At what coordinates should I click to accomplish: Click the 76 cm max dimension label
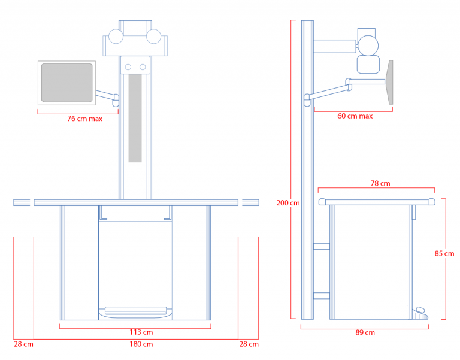(x=85, y=119)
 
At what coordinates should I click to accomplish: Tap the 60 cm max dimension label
(x=355, y=116)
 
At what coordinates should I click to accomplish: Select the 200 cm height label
(x=287, y=203)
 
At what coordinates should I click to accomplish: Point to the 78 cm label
(x=380, y=184)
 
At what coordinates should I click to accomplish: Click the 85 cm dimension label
(x=444, y=253)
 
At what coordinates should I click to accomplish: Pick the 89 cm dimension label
(x=365, y=332)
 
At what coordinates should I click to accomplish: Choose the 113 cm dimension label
(x=141, y=332)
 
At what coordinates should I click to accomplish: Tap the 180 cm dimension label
(x=141, y=344)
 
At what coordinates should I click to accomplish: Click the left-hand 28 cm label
(x=23, y=344)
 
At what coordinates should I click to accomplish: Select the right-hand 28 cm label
(x=249, y=344)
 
